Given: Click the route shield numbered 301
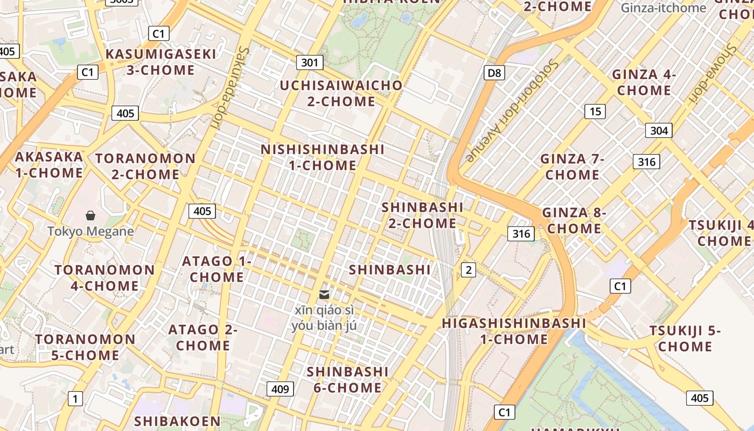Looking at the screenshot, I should (x=310, y=62).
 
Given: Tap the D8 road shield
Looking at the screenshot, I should (x=494, y=73).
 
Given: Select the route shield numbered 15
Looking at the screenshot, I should (x=595, y=112).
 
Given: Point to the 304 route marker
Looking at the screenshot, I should (x=659, y=130).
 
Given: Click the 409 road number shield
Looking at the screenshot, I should (x=280, y=389).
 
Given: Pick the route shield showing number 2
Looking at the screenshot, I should (x=468, y=270).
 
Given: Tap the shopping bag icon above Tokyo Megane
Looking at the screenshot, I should (x=90, y=216).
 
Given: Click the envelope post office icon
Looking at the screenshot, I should (x=324, y=295).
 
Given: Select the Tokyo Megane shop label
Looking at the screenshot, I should (x=90, y=232).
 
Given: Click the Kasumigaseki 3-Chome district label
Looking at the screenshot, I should (x=160, y=62).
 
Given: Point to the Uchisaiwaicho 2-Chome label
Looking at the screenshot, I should (x=341, y=93).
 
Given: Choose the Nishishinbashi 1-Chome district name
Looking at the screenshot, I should (x=323, y=157).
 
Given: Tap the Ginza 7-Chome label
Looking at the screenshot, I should (x=572, y=167).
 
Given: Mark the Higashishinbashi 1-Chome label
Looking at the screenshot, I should (x=514, y=331).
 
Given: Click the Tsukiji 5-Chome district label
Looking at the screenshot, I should (x=685, y=338).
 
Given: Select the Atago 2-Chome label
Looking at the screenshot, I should (x=203, y=337).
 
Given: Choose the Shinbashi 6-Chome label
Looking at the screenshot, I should (x=347, y=380).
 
